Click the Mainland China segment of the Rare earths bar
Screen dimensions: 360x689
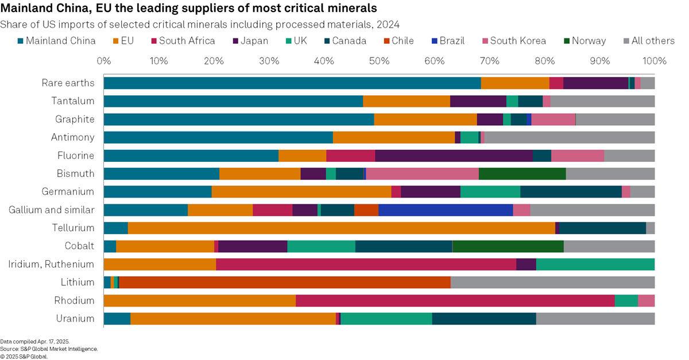pyautogui.click(x=292, y=83)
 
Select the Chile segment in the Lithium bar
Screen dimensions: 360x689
pyautogui.click(x=284, y=282)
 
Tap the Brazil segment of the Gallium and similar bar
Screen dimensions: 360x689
pyautogui.click(x=446, y=210)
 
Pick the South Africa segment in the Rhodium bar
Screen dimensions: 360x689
pyautogui.click(x=455, y=300)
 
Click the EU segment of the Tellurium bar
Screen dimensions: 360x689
pyautogui.click(x=342, y=228)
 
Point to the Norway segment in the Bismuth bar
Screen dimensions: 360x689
pyautogui.click(x=522, y=173)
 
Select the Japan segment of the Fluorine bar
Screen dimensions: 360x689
pyautogui.click(x=454, y=155)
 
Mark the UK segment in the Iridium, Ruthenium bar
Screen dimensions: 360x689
pyautogui.click(x=595, y=264)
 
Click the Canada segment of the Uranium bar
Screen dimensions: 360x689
pyautogui.click(x=483, y=319)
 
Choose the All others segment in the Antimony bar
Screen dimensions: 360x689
pyautogui.click(x=569, y=137)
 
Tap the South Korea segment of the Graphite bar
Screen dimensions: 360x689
pyautogui.click(x=553, y=119)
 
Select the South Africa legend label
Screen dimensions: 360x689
pyautogui.click(x=187, y=41)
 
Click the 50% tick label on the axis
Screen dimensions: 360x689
pyautogui.click(x=379, y=61)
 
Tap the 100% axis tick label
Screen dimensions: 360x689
pyautogui.click(x=654, y=61)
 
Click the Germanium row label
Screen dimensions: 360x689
pyautogui.click(x=68, y=192)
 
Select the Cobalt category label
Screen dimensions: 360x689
pyautogui.click(x=79, y=246)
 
